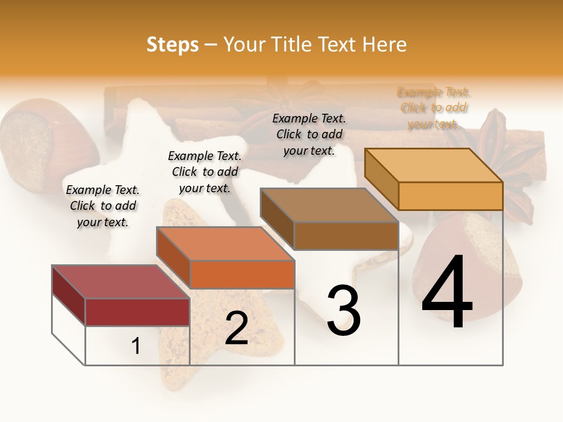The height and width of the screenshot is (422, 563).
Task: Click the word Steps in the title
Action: click(x=172, y=45)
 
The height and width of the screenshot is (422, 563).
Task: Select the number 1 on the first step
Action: click(x=136, y=346)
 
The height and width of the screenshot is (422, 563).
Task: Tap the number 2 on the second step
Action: click(x=236, y=328)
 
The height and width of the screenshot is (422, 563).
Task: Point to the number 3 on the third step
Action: click(x=344, y=311)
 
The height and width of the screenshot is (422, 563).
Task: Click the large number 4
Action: click(x=447, y=292)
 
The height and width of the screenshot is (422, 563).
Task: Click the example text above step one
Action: click(x=103, y=206)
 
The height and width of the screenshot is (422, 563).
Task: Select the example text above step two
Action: click(x=205, y=172)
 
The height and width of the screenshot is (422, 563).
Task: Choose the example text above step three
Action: click(x=309, y=134)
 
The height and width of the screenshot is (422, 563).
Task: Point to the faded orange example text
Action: click(x=434, y=108)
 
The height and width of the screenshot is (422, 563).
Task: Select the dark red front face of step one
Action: click(x=137, y=312)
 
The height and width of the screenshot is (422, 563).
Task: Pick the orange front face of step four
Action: click(x=450, y=196)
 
